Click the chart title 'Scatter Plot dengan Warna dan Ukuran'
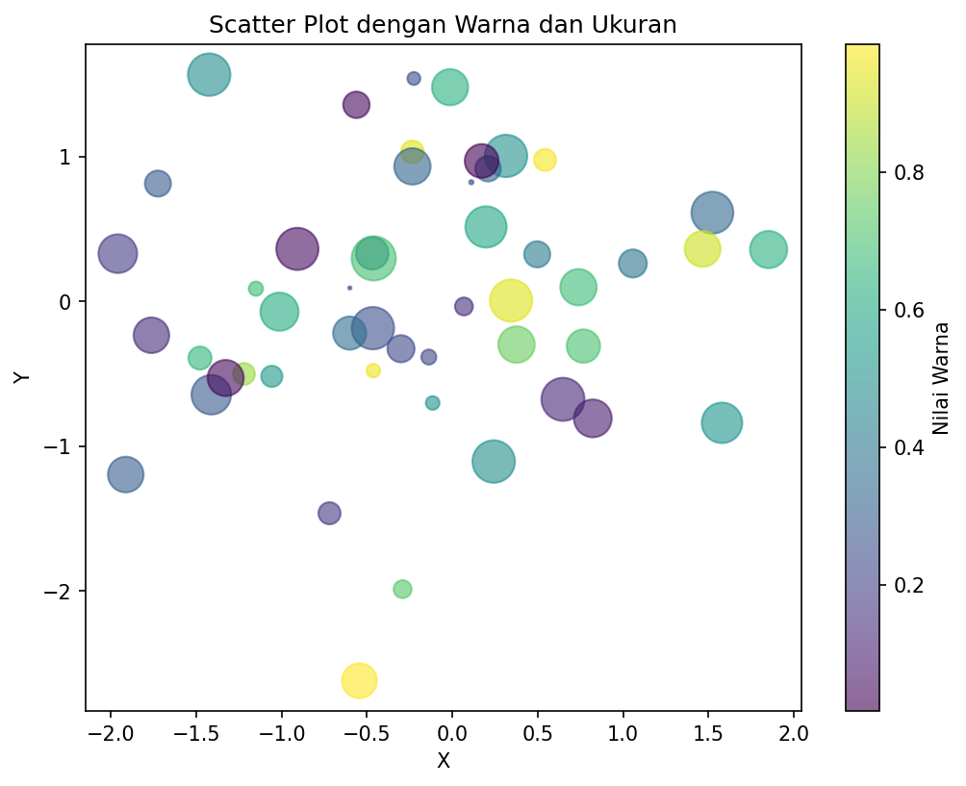coord(443,25)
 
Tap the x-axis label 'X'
coord(444,761)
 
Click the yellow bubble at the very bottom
coord(359,681)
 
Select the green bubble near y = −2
coord(402,589)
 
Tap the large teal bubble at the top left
coord(209,75)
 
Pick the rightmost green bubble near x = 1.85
coord(768,249)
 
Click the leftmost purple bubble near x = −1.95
coord(117,254)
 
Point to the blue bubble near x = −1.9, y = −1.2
coord(125,474)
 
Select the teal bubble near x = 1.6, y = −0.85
coord(722,422)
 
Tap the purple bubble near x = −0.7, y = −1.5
coord(329,513)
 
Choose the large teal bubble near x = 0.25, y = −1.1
coord(494,462)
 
